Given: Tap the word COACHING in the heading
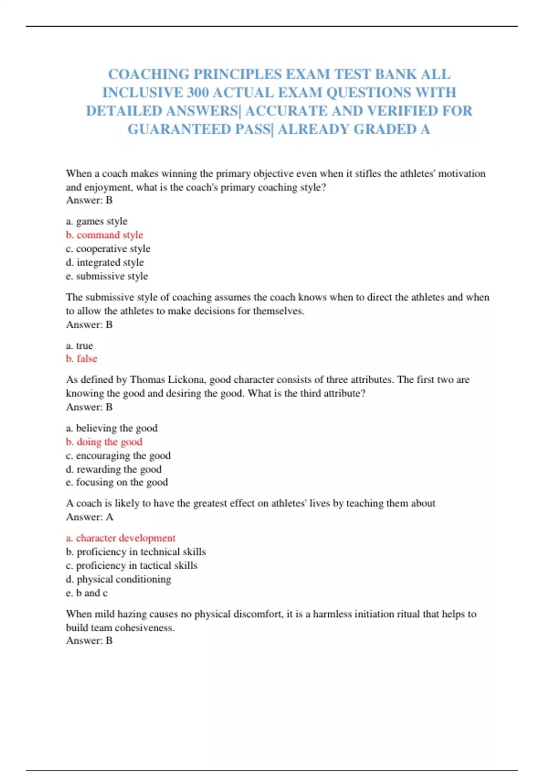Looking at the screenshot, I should pos(149,74).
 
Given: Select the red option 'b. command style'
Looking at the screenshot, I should pos(104,235).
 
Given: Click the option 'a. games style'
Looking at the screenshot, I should pos(97,221).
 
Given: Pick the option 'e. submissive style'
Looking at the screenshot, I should pos(107,276).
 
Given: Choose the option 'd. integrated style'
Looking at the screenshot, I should pos(105,263).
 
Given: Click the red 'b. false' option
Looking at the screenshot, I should pos(82,359).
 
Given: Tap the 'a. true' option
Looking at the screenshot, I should pos(79,346).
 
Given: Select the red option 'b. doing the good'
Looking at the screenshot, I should pos(104,442).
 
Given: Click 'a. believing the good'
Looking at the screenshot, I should pos(112,428).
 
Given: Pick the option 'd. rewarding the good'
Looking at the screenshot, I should pos(113,469).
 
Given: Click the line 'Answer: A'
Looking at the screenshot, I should pos(89,517).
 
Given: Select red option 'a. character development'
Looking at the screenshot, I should pos(121,538).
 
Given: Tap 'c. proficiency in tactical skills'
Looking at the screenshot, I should pos(131,566).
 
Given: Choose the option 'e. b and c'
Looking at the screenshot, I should pos(87,593).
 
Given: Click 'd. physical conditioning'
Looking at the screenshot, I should pos(118,579).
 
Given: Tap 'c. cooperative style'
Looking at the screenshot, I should pos(108,249).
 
